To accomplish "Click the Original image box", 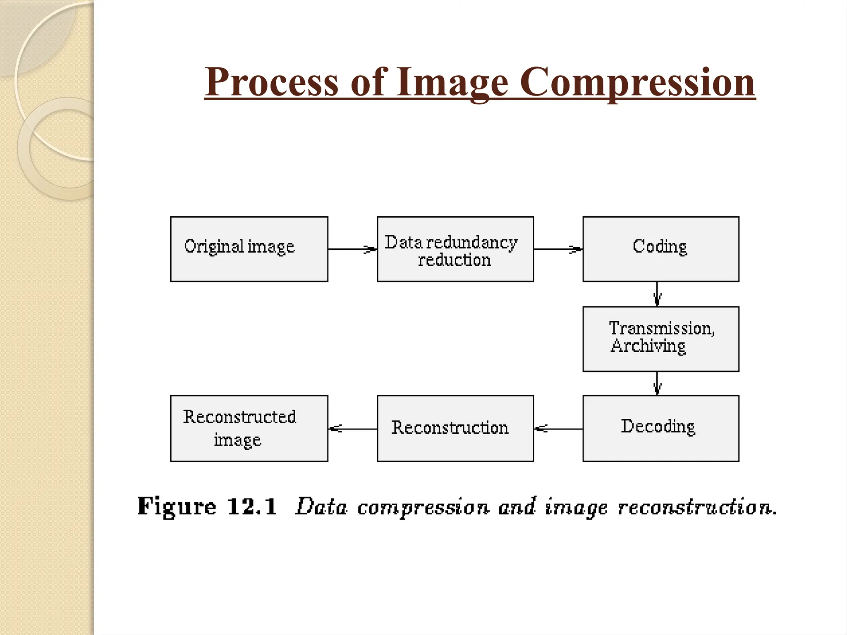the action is click(x=249, y=249).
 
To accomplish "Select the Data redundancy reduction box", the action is click(x=455, y=249).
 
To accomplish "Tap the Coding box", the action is click(x=660, y=249).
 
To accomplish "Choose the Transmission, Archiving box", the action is click(x=660, y=339).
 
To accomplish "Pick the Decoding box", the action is click(x=660, y=428).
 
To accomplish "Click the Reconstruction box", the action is click(x=455, y=428).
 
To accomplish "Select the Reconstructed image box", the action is click(x=249, y=428).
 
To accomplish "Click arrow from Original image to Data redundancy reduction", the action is click(x=352, y=249).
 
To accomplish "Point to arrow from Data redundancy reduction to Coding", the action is click(x=558, y=249).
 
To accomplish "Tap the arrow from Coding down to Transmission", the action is click(x=657, y=294).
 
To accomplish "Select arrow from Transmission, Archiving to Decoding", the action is click(x=657, y=383).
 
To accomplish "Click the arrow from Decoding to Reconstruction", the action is click(x=558, y=429).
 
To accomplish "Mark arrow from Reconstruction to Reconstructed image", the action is click(x=352, y=429).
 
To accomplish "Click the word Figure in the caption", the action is click(x=177, y=506).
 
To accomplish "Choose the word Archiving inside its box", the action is click(x=648, y=346).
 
